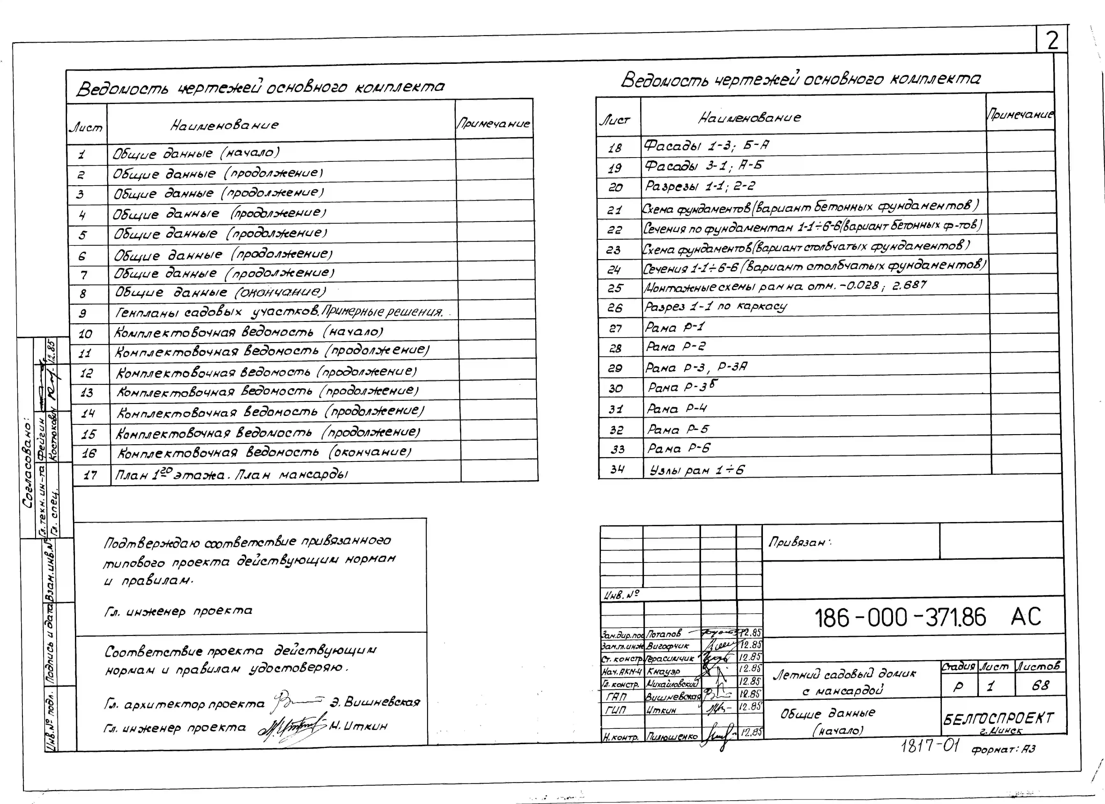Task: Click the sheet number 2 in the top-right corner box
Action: point(1052,40)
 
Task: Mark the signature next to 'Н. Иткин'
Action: point(292,726)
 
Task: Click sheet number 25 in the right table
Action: point(615,288)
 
